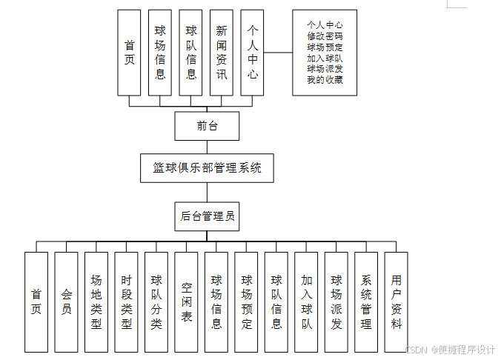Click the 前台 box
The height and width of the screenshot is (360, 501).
coord(207,126)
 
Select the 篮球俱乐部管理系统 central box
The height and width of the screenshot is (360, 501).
coord(207,168)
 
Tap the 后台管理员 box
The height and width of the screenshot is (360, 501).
coord(207,216)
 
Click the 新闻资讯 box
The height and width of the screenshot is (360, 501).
coord(222,52)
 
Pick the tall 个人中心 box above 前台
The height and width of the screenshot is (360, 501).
coord(253,52)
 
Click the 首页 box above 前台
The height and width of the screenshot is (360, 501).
coord(129,52)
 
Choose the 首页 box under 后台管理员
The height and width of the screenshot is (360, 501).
coord(36,301)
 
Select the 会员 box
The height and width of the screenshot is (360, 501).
coord(66,301)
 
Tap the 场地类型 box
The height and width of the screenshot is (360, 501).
coord(96,301)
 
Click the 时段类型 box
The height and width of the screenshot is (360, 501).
coord(126,301)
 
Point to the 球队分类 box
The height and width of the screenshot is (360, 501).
coord(156,301)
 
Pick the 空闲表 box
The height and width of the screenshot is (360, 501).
coord(186,301)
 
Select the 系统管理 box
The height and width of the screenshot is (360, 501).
coord(366,301)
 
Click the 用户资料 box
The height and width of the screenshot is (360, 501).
coord(396,301)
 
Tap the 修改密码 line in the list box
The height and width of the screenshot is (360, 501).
coord(325,36)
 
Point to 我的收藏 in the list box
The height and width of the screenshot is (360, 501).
coord(325,80)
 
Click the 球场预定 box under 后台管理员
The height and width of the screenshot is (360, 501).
coord(246,301)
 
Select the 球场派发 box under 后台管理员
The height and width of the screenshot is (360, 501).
coord(336,301)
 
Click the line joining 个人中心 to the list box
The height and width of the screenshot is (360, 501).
coord(278,53)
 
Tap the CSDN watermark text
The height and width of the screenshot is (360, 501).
coord(419,350)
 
